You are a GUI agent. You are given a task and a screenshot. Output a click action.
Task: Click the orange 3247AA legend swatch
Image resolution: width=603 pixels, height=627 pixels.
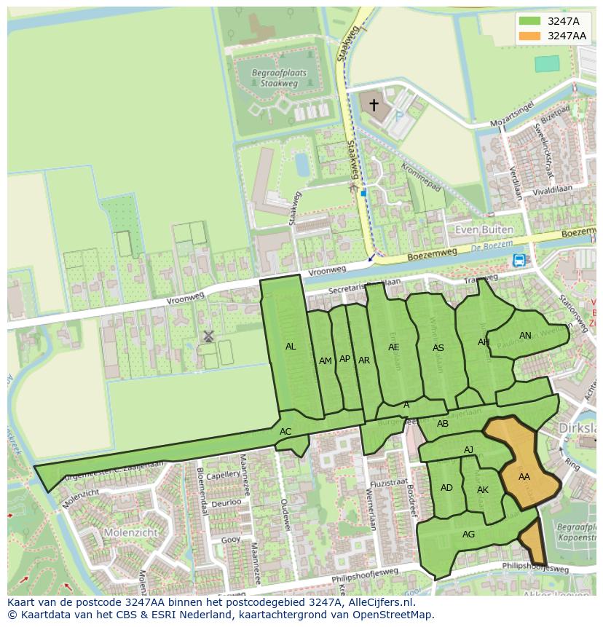[530, 36]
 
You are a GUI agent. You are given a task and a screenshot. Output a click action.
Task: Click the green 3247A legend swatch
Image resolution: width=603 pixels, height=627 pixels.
[530, 21]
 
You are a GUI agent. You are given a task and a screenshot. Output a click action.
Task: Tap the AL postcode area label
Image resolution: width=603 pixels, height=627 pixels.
[291, 347]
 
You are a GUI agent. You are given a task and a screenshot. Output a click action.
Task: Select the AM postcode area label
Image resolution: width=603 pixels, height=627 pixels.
[326, 360]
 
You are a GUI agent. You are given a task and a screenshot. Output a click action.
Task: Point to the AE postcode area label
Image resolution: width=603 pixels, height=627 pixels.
[394, 347]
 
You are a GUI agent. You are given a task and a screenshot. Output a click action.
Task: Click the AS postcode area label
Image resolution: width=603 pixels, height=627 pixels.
[438, 348]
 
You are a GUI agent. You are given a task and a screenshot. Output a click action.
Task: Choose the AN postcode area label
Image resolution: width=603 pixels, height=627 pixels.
[525, 336]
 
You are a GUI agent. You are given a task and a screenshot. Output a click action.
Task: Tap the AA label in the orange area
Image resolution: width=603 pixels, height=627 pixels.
[524, 477]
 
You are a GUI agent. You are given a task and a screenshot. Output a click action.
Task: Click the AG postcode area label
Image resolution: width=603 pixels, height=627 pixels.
[468, 535]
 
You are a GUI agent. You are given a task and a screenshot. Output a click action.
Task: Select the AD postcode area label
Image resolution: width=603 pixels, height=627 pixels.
[446, 488]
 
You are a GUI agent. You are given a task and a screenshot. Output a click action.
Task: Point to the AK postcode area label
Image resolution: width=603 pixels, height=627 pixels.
[483, 490]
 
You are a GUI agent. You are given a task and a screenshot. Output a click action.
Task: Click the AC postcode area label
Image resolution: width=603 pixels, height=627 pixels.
[285, 432]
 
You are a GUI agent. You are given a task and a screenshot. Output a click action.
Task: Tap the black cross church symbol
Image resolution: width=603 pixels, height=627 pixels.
[374, 106]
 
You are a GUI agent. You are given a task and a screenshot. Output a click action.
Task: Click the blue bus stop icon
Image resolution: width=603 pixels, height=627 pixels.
[519, 260]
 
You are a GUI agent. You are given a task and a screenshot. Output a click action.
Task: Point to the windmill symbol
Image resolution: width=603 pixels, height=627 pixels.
[208, 336]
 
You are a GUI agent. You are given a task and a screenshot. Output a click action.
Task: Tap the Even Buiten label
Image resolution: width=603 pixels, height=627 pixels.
[484, 229]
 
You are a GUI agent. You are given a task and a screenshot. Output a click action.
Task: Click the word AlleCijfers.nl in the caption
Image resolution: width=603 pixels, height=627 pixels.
[377, 603]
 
